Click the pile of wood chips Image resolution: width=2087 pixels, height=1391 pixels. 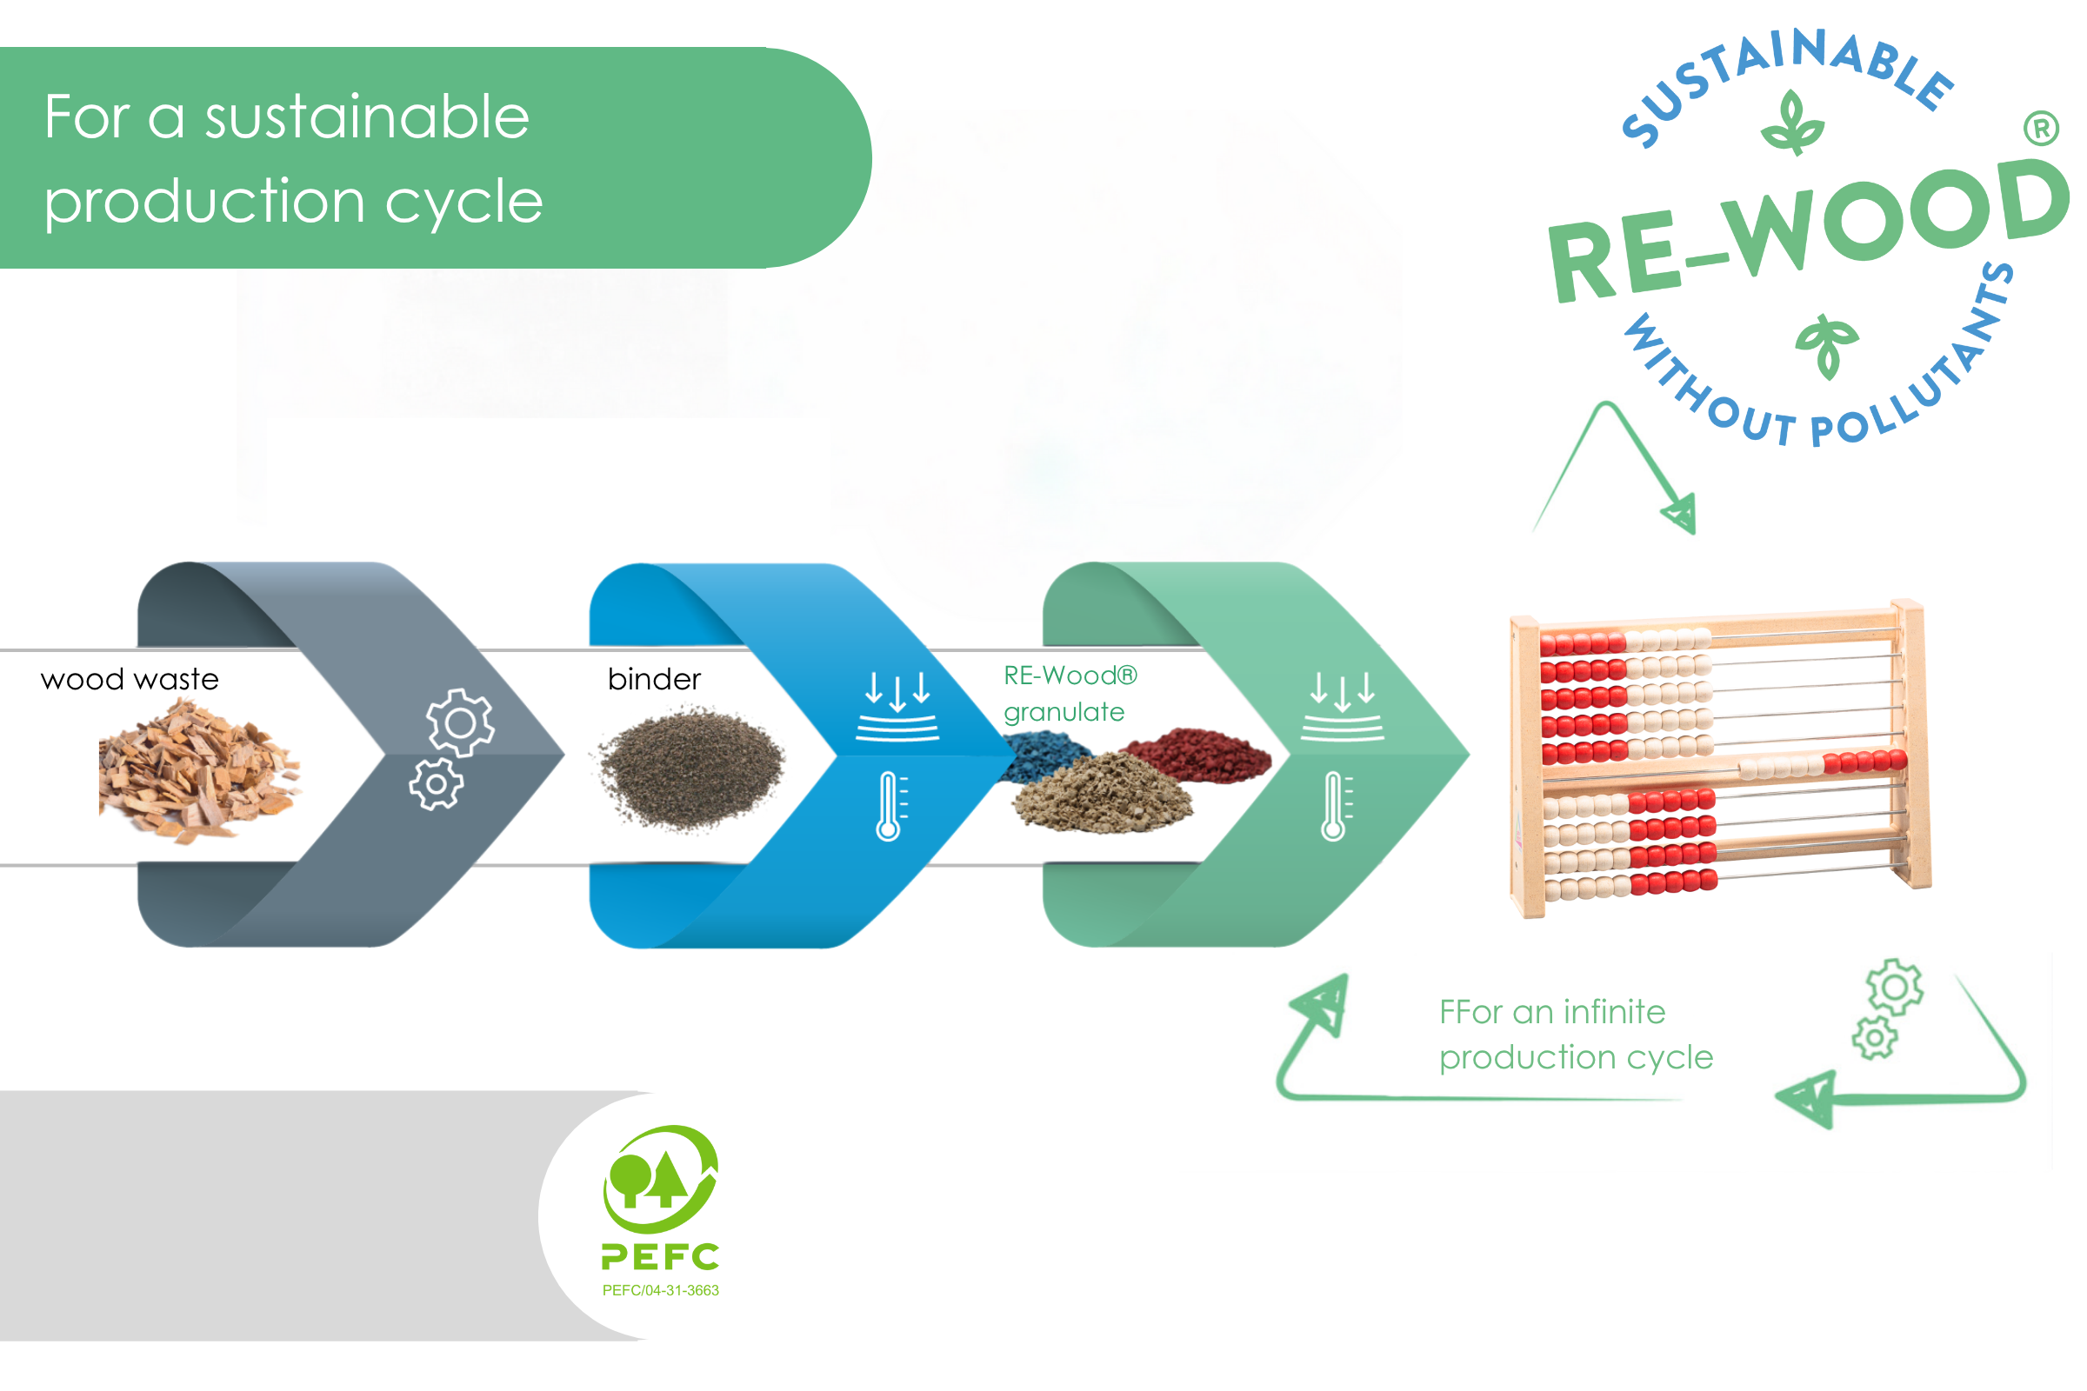pos(199,770)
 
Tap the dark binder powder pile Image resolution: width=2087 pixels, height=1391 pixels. pos(690,769)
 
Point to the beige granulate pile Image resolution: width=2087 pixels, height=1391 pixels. pos(1103,793)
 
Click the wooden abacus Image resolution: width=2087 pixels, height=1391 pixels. pos(1720,759)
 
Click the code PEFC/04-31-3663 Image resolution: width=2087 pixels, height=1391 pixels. pos(661,1291)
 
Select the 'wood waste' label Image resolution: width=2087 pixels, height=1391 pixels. pos(130,680)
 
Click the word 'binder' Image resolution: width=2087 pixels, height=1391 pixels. pos(655,680)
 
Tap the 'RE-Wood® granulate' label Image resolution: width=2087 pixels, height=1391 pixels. pos(1070,694)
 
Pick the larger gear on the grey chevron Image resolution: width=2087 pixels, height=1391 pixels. pos(461,723)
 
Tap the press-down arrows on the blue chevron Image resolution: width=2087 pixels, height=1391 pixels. pos(897,706)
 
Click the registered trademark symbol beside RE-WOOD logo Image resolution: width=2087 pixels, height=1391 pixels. pos(2042,129)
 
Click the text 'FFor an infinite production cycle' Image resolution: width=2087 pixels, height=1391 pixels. pos(1576,1035)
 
